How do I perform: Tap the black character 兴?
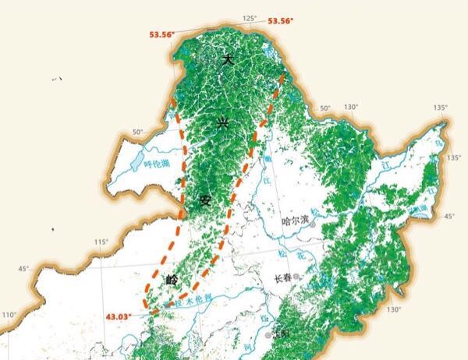pyautogui.click(x=223, y=123)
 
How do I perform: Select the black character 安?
pyautogui.click(x=205, y=200)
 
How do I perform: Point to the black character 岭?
pyautogui.click(x=172, y=278)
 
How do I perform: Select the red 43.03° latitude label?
pyautogui.click(x=119, y=316)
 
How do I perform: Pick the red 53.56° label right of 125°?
pyautogui.click(x=281, y=21)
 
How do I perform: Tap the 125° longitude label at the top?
pyautogui.click(x=249, y=18)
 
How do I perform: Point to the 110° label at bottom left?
pyautogui.click(x=9, y=315)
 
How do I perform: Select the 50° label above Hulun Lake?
pyautogui.click(x=137, y=132)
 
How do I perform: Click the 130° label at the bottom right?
pyautogui.click(x=394, y=309)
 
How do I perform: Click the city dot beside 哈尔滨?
pyautogui.click(x=312, y=224)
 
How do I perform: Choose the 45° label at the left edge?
pyautogui.click(x=23, y=269)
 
